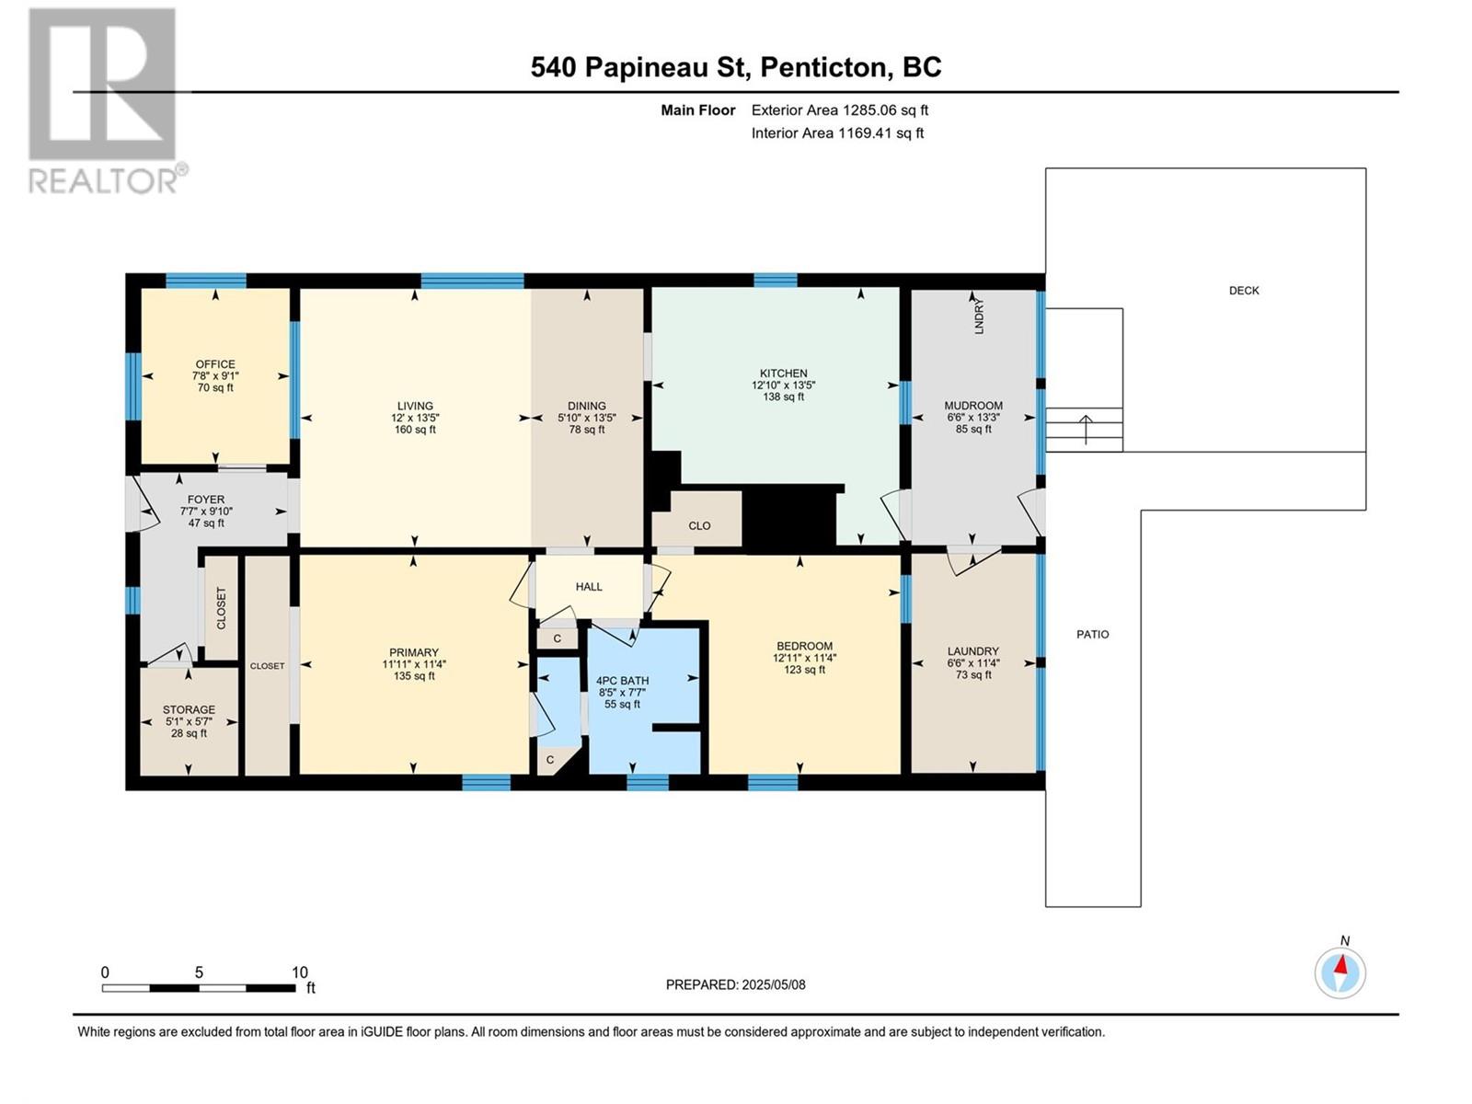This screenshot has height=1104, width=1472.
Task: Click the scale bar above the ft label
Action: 199,988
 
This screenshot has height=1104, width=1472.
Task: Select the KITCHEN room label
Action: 783,374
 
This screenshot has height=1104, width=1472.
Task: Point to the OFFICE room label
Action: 215,364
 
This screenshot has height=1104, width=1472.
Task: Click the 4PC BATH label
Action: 622,681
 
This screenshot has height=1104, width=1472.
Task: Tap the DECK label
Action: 1244,290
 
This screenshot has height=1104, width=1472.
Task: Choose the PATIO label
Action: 1092,634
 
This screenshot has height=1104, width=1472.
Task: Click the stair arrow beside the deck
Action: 1086,430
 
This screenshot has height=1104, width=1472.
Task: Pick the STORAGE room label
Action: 189,710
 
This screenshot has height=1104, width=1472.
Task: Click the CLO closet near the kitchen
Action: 699,526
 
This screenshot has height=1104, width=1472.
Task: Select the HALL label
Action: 589,587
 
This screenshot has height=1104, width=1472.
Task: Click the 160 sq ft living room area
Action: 415,430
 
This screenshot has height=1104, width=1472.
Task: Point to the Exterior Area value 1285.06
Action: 868,110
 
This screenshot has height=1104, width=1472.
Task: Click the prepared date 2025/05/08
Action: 774,984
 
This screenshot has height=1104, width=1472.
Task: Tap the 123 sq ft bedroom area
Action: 804,670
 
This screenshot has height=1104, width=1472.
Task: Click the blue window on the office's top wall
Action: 206,281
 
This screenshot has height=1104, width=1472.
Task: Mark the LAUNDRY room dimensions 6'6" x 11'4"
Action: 973,663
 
